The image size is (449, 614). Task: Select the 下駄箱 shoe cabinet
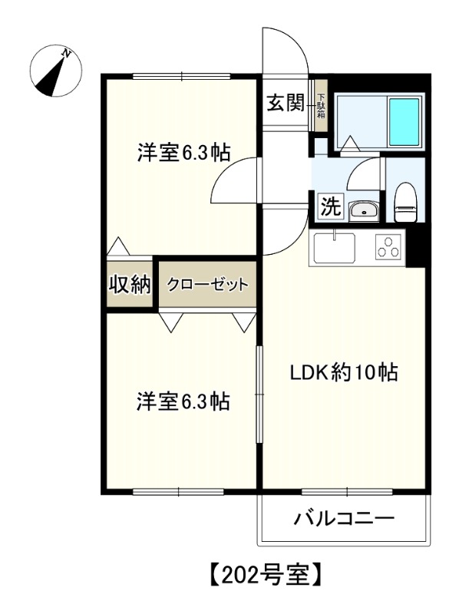pos(322,104)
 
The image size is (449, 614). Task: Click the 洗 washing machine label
pos(328,206)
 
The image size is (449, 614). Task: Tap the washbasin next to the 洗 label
pos(362,210)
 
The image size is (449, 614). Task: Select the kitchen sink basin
pos(334,249)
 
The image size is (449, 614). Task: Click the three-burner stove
pos(388,247)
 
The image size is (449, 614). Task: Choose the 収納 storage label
pos(128,284)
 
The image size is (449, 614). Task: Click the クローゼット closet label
pos(208,285)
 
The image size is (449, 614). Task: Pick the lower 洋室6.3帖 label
pos(183,401)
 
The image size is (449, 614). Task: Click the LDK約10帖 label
pos(342,373)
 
